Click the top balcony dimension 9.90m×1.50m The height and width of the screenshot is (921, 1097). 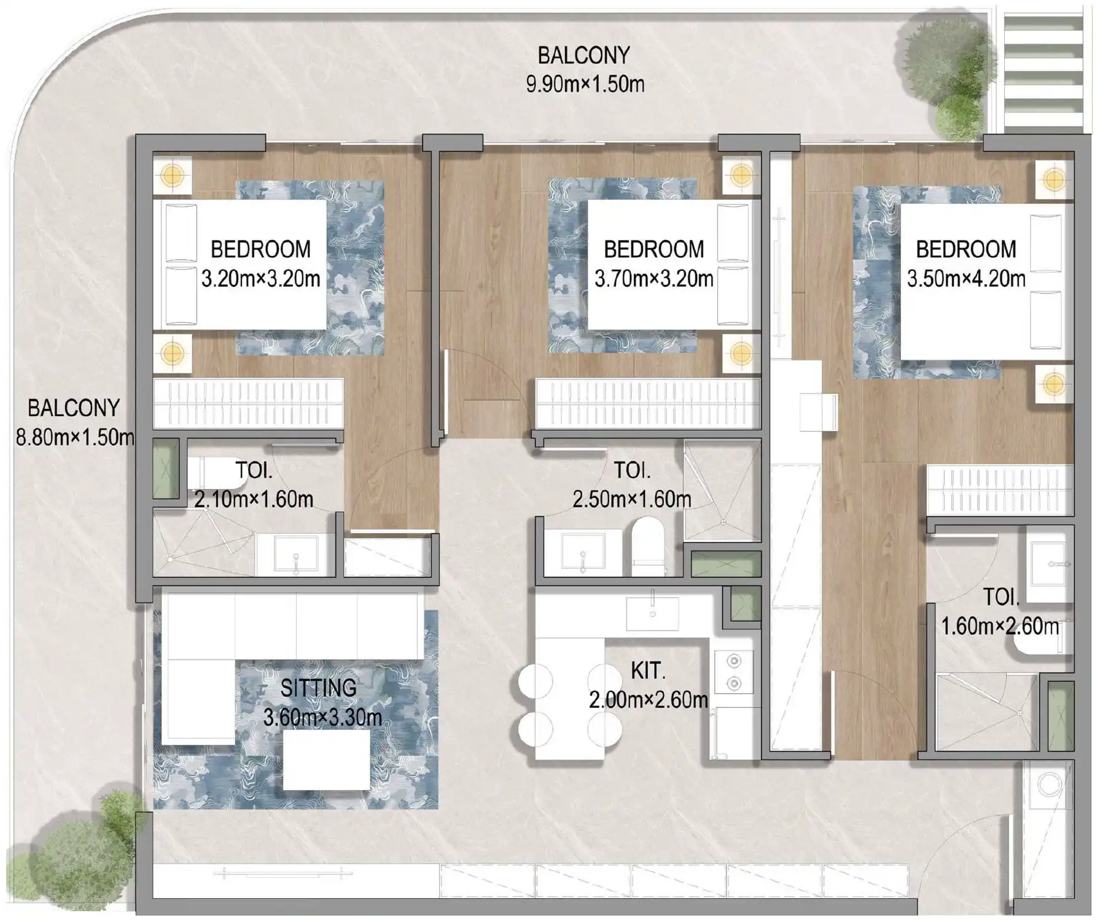pos(585,84)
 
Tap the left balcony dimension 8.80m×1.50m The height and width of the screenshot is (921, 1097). pos(75,438)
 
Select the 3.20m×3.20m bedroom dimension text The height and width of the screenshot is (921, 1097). pos(260,279)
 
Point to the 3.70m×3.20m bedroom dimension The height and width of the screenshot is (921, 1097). pos(654,279)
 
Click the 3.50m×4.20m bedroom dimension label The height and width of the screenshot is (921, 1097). pos(966,279)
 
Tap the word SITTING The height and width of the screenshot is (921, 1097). pos(318,688)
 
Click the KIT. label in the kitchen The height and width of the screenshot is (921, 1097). pos(648,671)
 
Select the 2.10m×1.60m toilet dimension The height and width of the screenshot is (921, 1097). pos(254,499)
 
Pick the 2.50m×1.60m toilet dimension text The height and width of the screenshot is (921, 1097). pos(632,499)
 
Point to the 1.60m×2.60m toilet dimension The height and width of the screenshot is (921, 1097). pos(1000,626)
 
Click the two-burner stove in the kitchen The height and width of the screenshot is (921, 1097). pos(733,672)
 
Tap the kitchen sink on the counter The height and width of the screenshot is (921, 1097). pos(652,613)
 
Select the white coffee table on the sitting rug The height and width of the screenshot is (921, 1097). pos(326,760)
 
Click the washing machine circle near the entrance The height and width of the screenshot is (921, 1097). pos(1049,785)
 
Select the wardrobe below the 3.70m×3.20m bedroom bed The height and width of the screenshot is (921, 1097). pos(648,403)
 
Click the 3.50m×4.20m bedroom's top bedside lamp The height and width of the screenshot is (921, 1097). pos(1054,179)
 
